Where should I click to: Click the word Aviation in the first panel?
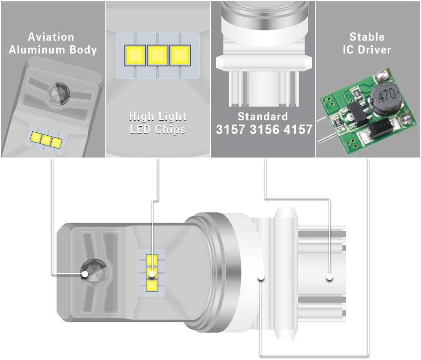51,37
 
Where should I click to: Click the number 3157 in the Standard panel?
230,129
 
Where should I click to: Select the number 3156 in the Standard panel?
264,129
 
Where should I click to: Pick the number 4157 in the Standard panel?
298,129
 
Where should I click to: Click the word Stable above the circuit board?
367,37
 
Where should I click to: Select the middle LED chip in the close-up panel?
158,56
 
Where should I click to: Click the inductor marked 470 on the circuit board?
384,98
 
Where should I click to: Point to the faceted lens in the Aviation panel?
59,94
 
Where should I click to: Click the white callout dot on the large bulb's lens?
85,274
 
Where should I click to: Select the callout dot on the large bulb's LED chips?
152,274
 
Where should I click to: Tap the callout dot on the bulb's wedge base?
330,277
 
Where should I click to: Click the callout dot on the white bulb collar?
261,277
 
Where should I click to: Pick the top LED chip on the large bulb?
152,260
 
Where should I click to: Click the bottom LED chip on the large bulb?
152,286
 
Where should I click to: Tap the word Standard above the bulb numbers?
263,116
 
